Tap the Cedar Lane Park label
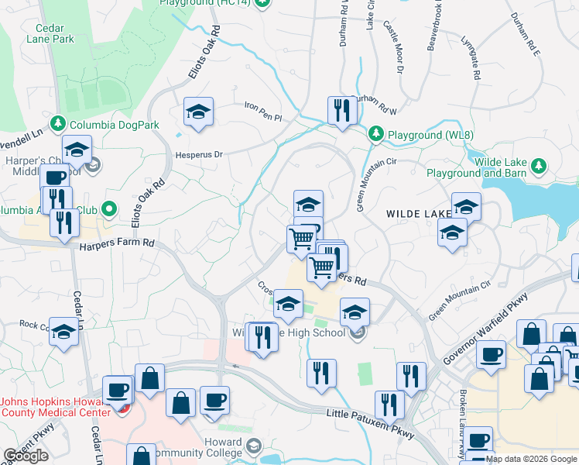click(50, 32)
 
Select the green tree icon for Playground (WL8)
click(376, 134)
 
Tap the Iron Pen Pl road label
click(263, 106)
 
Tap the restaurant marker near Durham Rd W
click(340, 111)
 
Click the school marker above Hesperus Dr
click(198, 114)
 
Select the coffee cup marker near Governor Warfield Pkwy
click(491, 355)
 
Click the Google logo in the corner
click(26, 456)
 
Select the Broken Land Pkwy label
click(464, 418)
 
